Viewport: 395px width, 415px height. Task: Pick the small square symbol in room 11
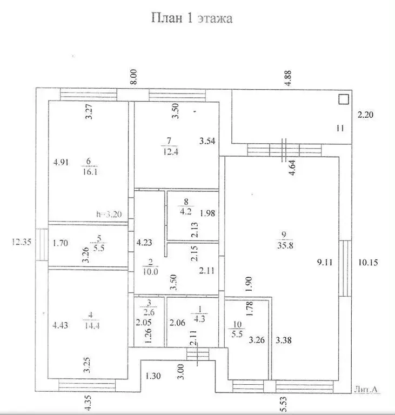[343, 99]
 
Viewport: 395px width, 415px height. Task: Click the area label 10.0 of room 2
[151, 271]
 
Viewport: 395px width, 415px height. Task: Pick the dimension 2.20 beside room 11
[366, 115]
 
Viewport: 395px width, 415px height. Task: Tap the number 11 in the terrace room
[339, 129]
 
